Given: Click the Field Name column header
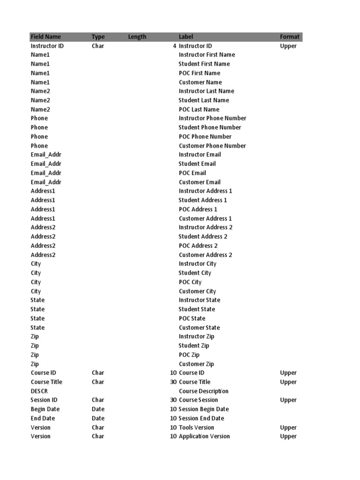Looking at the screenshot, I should [45, 37].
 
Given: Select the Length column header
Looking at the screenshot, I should [137, 37].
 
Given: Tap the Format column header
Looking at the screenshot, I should [289, 37].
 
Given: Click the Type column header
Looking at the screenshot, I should [98, 37].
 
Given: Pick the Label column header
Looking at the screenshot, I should [186, 37].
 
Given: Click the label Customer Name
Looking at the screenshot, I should [200, 82].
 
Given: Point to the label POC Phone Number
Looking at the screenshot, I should [205, 136].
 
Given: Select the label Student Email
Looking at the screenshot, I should [197, 164].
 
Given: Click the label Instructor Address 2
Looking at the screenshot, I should [205, 227].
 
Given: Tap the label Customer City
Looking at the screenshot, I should [197, 291].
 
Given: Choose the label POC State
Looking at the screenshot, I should [192, 318].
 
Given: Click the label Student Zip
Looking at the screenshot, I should [194, 345].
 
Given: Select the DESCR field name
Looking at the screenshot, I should [39, 391].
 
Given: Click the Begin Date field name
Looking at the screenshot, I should [45, 409].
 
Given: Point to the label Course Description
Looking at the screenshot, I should [203, 391].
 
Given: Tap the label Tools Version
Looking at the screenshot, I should [196, 427].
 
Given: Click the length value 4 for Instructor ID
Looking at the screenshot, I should [174, 46].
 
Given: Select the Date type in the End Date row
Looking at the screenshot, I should [98, 418].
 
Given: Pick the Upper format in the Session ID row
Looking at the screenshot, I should [288, 400].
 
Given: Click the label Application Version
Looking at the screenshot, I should [204, 436].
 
